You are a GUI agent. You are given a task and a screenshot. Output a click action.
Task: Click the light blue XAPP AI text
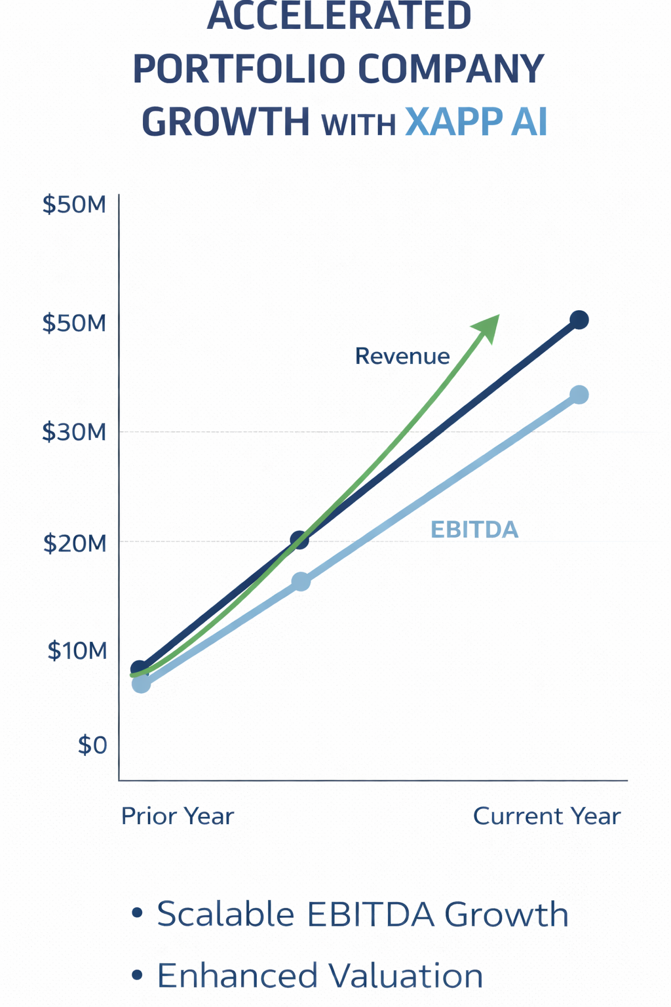(x=476, y=122)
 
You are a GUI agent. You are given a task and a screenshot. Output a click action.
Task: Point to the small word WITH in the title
(x=358, y=125)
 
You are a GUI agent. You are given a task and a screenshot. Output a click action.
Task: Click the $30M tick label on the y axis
(x=74, y=432)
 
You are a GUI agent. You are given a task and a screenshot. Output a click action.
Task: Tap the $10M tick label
(x=77, y=650)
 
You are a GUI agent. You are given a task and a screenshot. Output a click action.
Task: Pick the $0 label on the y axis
(x=92, y=745)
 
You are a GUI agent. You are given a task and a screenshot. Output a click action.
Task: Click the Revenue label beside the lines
(x=402, y=356)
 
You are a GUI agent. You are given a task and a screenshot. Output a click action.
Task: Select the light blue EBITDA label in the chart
(x=474, y=530)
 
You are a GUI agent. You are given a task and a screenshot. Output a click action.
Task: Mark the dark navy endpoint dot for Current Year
(x=579, y=320)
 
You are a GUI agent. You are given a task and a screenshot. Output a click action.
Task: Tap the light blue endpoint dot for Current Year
(x=579, y=395)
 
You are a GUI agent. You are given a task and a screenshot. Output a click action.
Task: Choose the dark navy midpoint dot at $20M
(x=299, y=541)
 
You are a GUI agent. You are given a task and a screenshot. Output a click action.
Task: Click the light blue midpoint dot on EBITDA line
(x=301, y=582)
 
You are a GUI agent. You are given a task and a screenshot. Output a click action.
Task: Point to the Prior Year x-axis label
(x=178, y=816)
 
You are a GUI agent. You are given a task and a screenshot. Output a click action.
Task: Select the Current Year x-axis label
(x=546, y=816)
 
